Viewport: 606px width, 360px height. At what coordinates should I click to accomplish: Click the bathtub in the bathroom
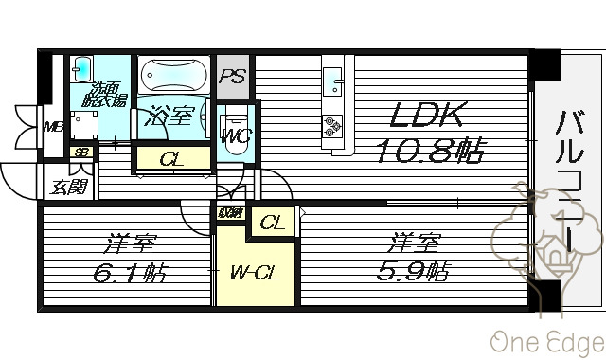(173, 75)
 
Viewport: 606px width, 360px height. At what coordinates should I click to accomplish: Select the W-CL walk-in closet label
(253, 274)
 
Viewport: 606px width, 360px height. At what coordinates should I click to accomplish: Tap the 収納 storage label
(229, 213)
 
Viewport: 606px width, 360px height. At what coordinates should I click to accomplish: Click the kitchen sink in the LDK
(334, 81)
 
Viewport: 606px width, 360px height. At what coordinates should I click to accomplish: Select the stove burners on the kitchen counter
(334, 126)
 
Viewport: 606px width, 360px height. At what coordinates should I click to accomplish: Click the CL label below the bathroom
(171, 159)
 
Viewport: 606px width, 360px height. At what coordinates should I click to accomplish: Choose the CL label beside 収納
(272, 224)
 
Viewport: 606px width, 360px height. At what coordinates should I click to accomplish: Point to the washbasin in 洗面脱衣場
(82, 68)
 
